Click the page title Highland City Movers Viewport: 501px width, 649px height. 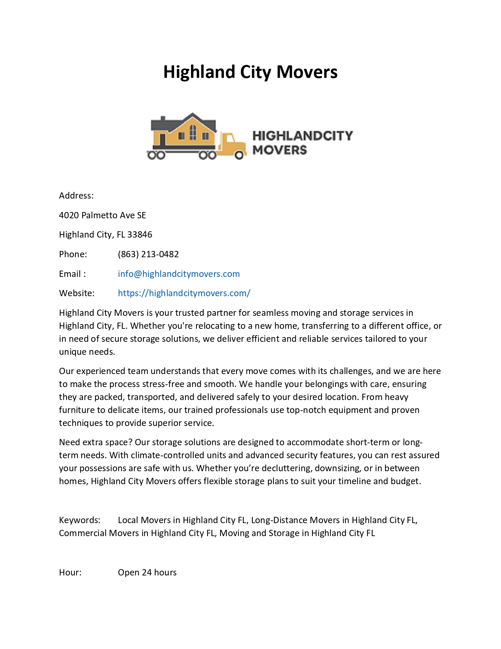250,72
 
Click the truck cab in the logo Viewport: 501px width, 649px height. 231,144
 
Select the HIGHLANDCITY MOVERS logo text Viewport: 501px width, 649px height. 302,142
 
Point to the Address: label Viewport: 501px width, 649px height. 76,195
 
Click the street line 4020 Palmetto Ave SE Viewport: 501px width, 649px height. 103,215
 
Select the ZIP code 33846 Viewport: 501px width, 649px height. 140,234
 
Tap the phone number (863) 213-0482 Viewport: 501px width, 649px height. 148,254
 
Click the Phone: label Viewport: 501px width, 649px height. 73,254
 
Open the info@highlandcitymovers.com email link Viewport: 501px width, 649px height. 179,274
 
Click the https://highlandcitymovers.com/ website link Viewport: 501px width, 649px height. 184,293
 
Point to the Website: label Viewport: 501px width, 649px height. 77,293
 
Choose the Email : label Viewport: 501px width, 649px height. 72,274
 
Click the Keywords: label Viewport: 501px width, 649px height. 80,520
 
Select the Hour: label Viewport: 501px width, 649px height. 70,572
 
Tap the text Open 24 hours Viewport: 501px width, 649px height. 147,572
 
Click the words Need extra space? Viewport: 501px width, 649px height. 95,442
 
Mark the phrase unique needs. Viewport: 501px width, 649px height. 87,352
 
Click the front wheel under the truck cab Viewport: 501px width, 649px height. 239,155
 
